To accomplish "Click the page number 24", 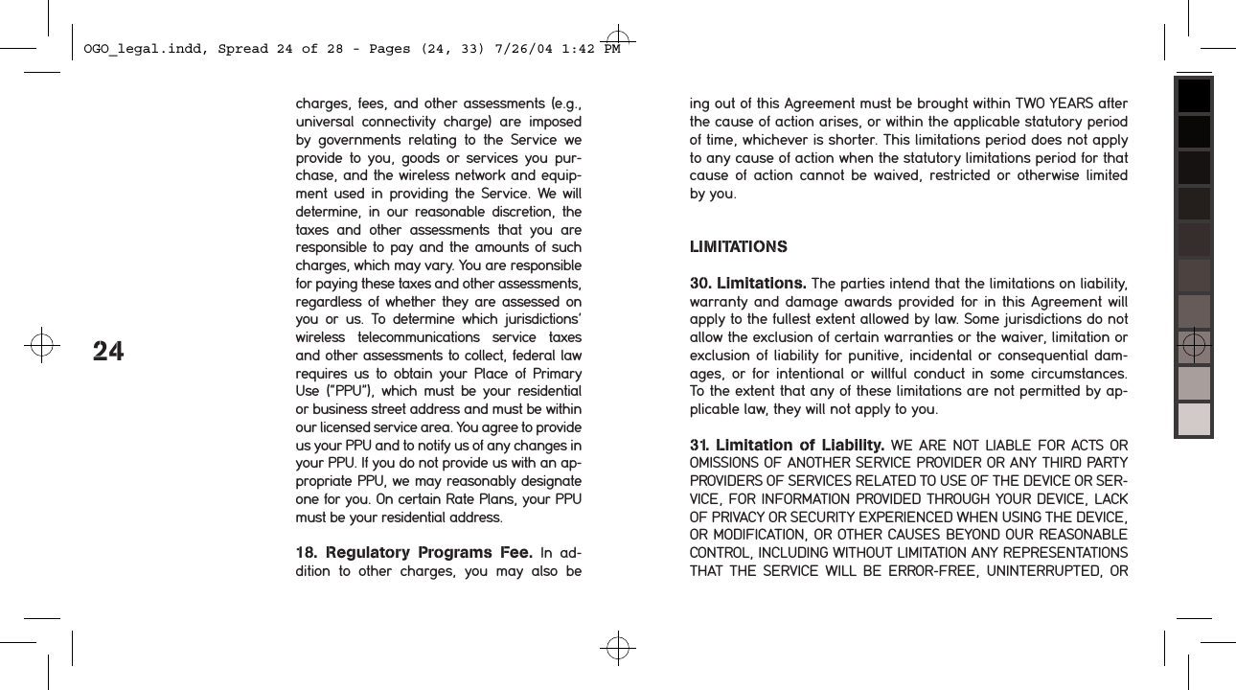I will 108,352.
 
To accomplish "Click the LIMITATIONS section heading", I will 739,247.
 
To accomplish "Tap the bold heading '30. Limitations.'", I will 747,284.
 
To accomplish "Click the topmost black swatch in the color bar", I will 1194,96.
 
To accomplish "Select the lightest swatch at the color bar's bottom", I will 1194,419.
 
